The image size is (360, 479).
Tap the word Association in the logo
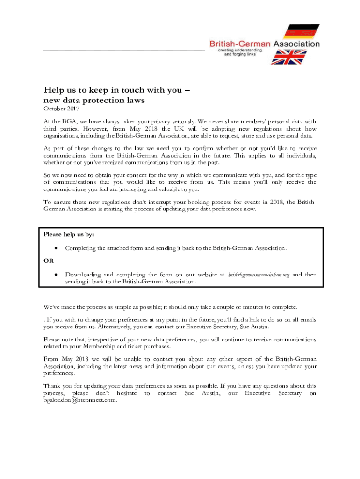[296, 44]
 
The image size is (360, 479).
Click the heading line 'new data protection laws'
[94, 100]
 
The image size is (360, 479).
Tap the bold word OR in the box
[49, 261]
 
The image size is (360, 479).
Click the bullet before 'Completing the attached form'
[56, 248]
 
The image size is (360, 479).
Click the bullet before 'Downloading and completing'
[56, 274]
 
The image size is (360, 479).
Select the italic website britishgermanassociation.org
[259, 274]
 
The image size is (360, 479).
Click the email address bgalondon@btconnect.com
[79, 400]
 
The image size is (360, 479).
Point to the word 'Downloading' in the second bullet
[83, 274]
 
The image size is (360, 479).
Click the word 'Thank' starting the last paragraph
[52, 386]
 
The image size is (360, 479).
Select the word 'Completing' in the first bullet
[80, 248]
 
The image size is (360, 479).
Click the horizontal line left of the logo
[124, 50]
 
